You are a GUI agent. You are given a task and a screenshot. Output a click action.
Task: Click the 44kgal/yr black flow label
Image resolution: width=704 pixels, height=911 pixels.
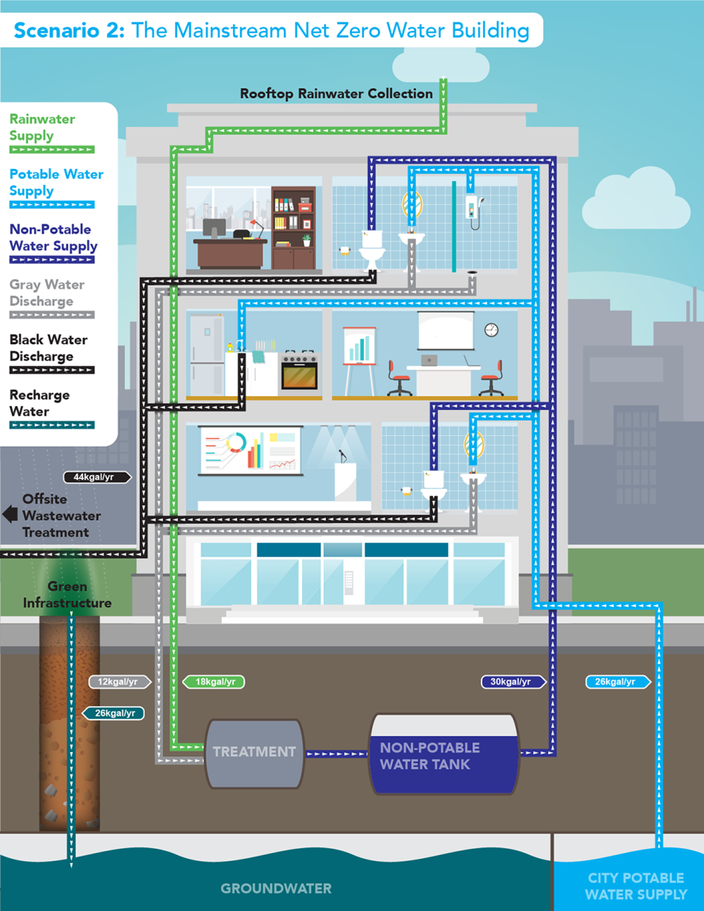[x=97, y=477]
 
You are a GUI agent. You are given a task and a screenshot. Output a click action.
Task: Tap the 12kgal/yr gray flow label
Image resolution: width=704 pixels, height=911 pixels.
[x=120, y=682]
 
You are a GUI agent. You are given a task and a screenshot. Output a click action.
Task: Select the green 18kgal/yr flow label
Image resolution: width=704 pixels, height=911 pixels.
[x=213, y=682]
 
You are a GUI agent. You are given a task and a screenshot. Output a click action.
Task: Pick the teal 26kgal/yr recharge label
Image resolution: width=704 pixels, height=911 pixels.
[x=113, y=713]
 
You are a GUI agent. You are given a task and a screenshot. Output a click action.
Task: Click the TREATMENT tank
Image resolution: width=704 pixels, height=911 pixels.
[x=254, y=753]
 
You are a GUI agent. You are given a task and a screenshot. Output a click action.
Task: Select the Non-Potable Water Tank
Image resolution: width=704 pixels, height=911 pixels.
[x=444, y=754]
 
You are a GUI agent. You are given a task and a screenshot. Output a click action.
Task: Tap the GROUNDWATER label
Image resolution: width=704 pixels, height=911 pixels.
[x=276, y=888]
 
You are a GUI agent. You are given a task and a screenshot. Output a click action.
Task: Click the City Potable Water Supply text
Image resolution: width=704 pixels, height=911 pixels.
[x=636, y=886]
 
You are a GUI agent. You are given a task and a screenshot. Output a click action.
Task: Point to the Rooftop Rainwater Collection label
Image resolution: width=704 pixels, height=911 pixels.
[x=336, y=94]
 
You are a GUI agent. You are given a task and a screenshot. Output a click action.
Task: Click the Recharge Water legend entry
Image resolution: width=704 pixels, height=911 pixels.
[x=52, y=409]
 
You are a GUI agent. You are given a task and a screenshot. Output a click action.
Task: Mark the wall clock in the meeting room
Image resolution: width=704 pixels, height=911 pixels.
[x=491, y=330]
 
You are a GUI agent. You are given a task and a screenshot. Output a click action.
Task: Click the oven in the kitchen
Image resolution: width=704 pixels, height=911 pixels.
[x=299, y=372]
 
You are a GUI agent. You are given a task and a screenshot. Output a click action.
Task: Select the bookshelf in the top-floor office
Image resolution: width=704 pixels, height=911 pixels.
[x=294, y=228]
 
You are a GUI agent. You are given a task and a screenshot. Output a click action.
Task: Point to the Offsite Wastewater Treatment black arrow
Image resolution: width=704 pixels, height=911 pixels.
[x=10, y=514]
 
